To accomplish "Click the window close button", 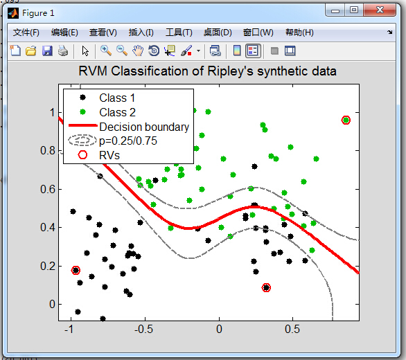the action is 380,10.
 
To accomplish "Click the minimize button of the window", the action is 335,10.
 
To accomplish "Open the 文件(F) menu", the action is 26,33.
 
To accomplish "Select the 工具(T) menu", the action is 179,33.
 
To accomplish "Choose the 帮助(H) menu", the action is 299,33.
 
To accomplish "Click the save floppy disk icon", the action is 47,51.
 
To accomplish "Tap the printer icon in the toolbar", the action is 63,51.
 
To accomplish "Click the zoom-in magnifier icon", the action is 106,51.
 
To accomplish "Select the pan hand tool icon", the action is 138,51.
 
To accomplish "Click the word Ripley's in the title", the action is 230,71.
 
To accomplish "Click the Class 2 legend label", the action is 117,112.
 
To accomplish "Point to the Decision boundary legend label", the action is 144,127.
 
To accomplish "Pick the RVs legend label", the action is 109,155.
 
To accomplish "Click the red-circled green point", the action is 346,120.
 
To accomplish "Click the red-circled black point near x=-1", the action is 76,271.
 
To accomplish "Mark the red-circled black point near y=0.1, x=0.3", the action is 266,287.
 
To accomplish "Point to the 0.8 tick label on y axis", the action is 48,151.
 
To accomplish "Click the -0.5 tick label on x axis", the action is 143,330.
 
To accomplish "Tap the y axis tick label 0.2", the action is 48,266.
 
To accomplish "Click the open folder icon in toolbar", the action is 30,51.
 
